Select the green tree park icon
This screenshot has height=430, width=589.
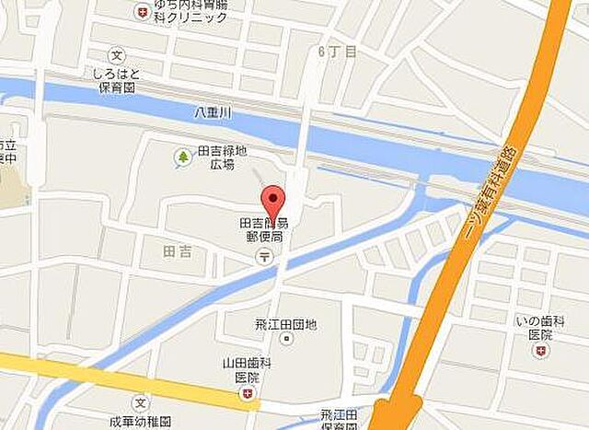point(182,157)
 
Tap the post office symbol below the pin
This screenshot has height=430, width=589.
point(265,256)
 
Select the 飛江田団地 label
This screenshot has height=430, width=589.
point(286,324)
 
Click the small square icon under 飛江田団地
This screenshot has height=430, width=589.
point(286,340)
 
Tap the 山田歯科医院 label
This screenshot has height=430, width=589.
point(247,370)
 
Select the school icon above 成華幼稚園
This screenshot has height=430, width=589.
point(140,403)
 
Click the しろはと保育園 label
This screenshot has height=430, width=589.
point(114,78)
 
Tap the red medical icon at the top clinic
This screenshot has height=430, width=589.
point(142,12)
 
